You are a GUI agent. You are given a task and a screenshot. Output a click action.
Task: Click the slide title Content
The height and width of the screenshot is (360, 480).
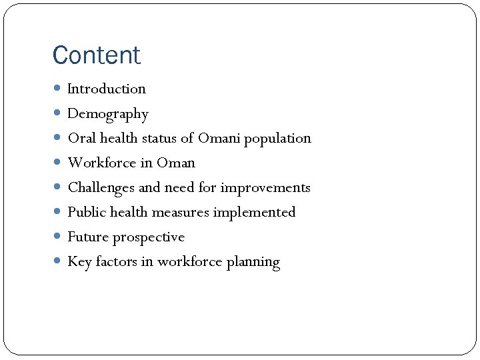point(97,55)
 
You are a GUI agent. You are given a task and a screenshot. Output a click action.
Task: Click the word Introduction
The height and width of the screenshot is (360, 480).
point(107,89)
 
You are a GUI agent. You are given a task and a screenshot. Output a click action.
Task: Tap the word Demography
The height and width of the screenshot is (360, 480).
point(108,114)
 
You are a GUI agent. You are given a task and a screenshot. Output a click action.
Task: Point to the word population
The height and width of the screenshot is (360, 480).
point(277,139)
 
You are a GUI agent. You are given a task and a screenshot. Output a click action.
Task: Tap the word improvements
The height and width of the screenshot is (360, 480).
point(265,188)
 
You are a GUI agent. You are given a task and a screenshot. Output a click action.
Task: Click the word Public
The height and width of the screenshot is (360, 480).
point(87,213)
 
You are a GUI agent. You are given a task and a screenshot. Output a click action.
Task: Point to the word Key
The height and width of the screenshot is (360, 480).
point(79,262)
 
